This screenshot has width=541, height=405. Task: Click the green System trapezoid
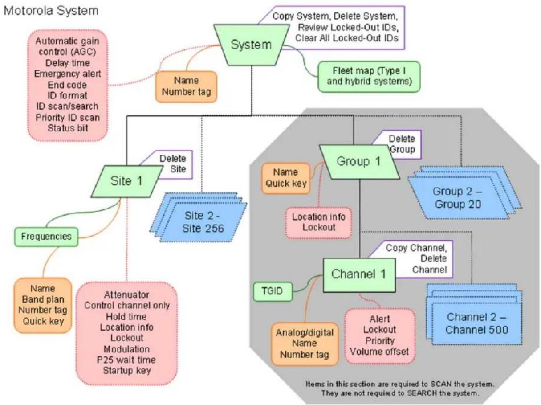click(252, 45)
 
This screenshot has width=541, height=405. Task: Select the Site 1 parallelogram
click(127, 181)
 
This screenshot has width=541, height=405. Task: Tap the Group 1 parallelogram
click(359, 162)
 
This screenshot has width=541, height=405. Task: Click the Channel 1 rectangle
click(359, 275)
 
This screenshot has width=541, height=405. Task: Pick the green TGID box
click(273, 292)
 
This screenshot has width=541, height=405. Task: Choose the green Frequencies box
click(46, 237)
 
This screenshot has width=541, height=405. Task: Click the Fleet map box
click(369, 77)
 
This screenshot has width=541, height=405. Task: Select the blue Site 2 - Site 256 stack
click(199, 217)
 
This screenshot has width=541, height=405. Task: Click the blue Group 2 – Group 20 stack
click(464, 193)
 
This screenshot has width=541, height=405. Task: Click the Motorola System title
click(51, 11)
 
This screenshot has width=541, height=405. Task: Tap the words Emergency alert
click(68, 74)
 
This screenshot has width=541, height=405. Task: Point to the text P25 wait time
click(126, 360)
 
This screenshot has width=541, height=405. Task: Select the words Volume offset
click(379, 352)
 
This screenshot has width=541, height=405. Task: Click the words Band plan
click(43, 299)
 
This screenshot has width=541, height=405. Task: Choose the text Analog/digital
click(305, 332)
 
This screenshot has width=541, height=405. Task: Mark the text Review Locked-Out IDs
click(349, 27)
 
